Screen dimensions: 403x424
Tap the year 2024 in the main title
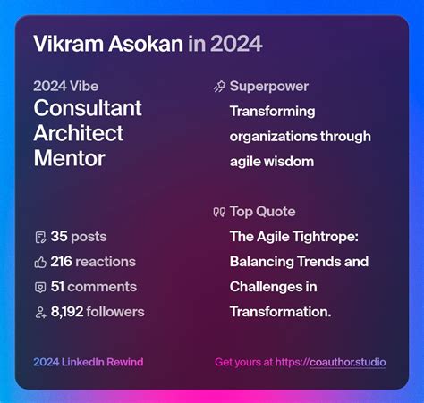pos(237,43)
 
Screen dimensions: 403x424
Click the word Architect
pos(80,134)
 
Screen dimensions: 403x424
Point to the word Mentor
pos(69,158)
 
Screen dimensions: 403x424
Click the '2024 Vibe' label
pos(66,87)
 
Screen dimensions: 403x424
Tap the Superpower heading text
pos(268,87)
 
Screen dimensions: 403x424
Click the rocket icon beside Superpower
pos(219,87)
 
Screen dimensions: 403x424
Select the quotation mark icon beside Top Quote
pos(219,212)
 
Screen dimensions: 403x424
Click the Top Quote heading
pos(262,212)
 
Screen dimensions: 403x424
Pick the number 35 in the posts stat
pos(59,237)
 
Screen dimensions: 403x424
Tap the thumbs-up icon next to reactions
pos(39,262)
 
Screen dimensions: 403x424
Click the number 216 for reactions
pos(61,262)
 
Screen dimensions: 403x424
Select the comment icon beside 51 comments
pos(39,287)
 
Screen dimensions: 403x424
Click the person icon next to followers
pos(39,312)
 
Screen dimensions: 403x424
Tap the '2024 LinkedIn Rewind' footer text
pos(88,362)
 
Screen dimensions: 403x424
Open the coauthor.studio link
pos(347,362)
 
